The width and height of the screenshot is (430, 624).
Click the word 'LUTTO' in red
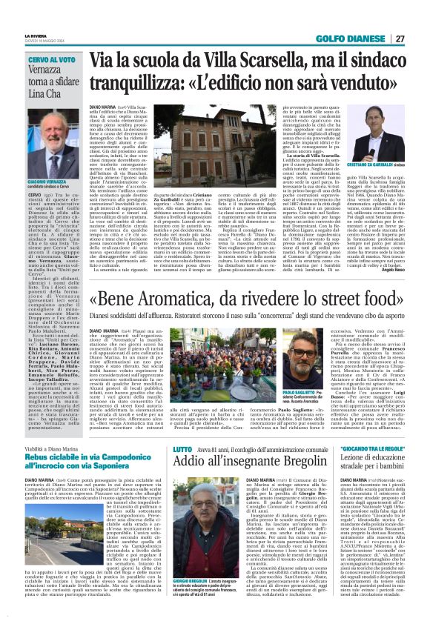pos(181,428)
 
